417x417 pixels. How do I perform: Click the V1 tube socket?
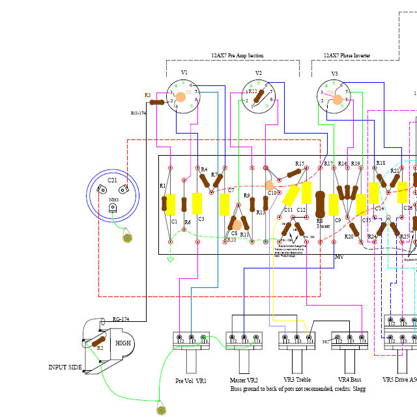coord(182,97)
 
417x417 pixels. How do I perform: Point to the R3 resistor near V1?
coord(157,102)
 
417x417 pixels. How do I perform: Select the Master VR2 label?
coord(244,380)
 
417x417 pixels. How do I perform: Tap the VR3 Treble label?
coord(297,380)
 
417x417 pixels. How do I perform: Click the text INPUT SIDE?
coord(65,367)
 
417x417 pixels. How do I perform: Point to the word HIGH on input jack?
coord(123,343)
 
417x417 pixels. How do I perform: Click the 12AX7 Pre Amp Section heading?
coord(237,56)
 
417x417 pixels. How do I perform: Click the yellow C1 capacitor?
coord(171,205)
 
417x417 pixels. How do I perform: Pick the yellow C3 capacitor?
coord(197,203)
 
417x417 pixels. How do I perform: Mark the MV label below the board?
coord(339,257)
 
